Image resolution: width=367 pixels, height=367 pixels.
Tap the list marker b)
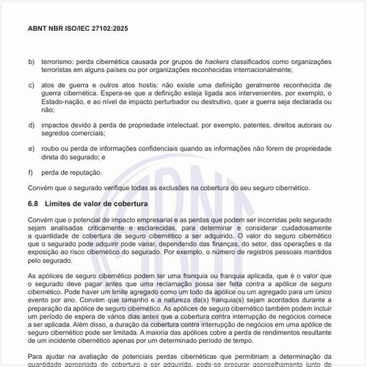point(32,62)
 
